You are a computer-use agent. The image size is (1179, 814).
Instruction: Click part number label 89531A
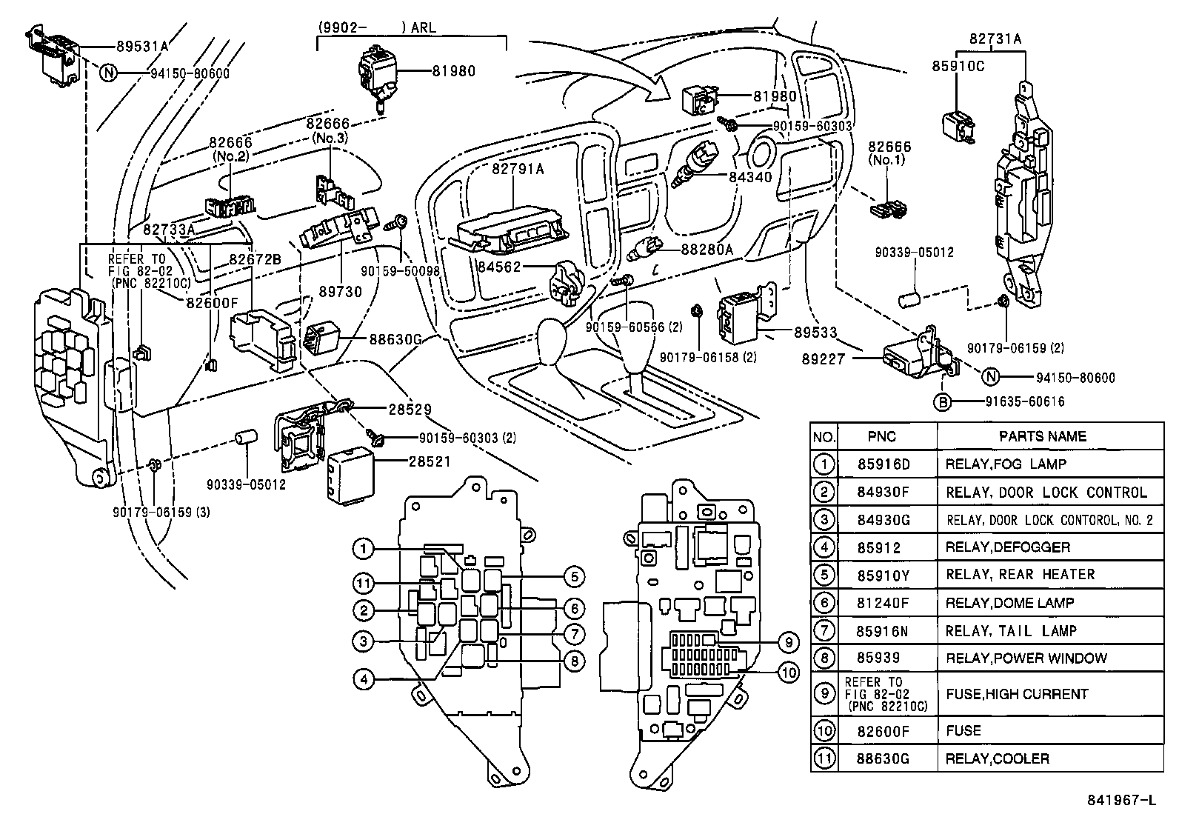(142, 46)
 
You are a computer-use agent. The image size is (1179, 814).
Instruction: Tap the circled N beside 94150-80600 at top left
(109, 73)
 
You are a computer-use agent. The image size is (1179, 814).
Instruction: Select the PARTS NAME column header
(1042, 436)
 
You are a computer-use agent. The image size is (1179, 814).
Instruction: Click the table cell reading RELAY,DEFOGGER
(1007, 547)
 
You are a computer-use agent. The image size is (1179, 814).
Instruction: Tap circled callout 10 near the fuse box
(789, 672)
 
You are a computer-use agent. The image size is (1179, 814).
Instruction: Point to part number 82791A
(518, 169)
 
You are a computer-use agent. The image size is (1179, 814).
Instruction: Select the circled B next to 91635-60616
(942, 401)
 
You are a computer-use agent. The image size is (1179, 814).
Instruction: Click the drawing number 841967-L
(1121, 800)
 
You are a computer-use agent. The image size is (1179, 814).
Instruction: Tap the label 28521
(430, 461)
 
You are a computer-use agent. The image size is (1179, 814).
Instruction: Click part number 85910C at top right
(958, 66)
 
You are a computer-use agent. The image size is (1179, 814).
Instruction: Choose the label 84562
(500, 266)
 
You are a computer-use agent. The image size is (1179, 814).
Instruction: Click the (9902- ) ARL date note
(377, 27)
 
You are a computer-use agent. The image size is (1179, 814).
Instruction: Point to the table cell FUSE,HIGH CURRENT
(1017, 694)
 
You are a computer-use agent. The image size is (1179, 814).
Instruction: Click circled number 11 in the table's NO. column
(824, 758)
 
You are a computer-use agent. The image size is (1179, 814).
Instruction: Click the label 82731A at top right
(995, 38)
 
